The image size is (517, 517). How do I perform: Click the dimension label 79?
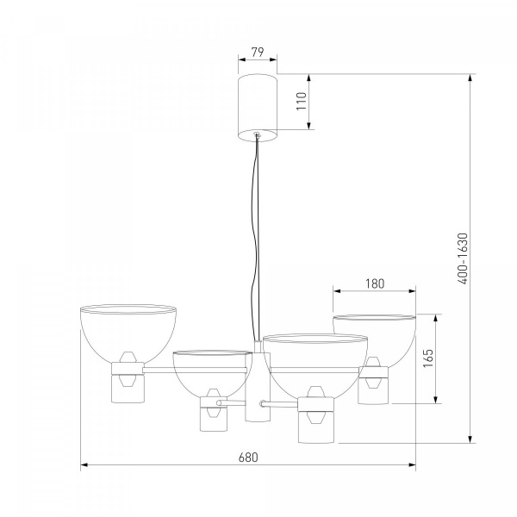pos(258,52)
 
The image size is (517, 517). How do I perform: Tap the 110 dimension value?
pos(302,101)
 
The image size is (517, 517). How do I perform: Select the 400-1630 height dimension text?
pos(463,258)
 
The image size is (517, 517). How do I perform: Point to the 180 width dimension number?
pos(375,283)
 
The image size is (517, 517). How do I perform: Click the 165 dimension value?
pos(428,358)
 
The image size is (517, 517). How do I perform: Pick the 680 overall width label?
pos(248,458)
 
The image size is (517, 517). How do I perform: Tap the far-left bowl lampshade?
pos(128,333)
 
